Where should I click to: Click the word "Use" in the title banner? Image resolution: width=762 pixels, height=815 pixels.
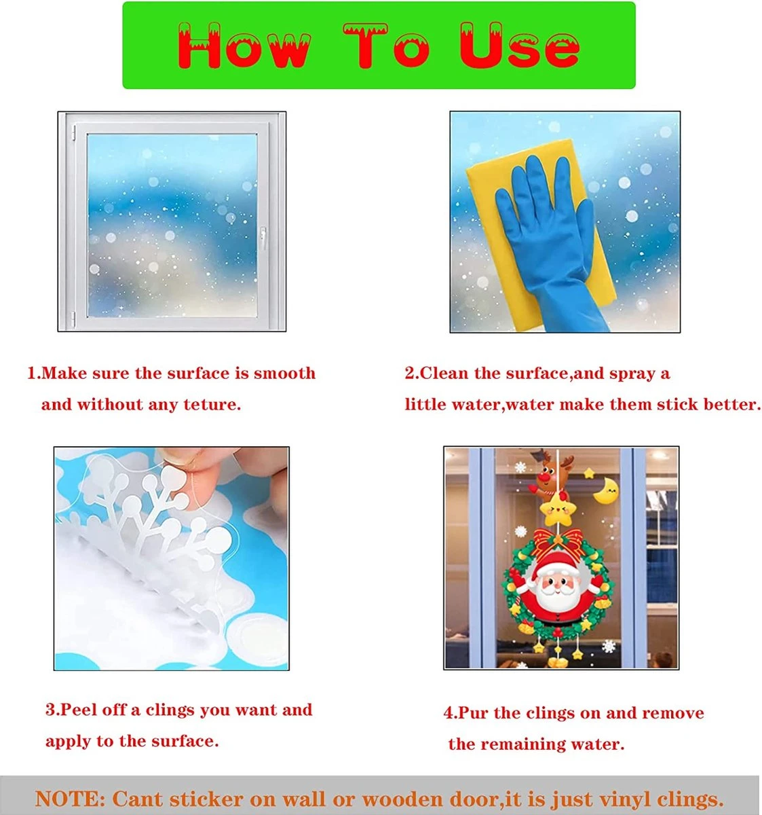[520, 46]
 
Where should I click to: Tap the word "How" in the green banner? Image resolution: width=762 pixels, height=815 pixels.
[244, 46]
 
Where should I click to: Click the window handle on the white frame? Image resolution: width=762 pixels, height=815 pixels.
[263, 238]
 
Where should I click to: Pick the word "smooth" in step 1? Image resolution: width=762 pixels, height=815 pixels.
[284, 373]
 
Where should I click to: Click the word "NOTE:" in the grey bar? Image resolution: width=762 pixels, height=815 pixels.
[71, 799]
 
